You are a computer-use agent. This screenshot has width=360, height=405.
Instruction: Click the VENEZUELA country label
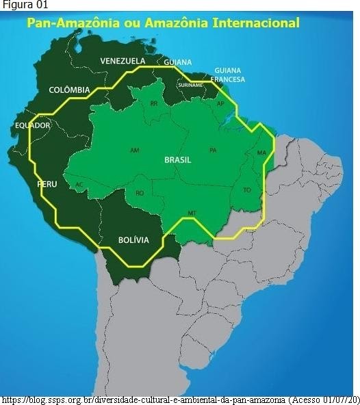point(123,61)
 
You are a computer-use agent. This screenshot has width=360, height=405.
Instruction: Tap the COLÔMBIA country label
point(69,90)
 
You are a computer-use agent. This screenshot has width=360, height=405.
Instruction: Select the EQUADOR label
point(33,126)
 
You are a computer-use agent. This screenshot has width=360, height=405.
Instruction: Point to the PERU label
point(47,185)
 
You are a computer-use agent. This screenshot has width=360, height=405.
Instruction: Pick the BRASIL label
point(178,159)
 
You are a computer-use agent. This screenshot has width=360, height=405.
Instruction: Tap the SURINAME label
point(190,85)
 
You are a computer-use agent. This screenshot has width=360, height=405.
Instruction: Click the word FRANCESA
point(229,79)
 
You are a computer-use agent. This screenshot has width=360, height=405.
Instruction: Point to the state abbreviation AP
point(220,103)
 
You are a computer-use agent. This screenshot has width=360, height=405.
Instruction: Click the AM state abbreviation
point(134,150)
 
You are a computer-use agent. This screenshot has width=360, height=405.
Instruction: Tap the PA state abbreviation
point(213,150)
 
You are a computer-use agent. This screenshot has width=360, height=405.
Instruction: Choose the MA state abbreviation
point(261,153)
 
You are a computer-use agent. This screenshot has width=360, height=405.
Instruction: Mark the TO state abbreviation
point(246,190)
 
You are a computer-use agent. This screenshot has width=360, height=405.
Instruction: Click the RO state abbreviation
point(140,194)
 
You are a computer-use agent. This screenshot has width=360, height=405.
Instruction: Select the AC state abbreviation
point(79,185)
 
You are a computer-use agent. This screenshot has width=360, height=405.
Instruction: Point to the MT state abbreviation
point(192,213)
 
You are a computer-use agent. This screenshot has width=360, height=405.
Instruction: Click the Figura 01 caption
point(21,5)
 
